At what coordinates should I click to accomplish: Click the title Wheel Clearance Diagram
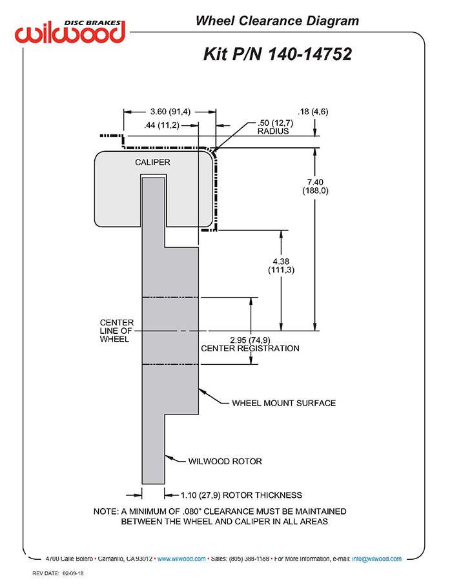(276, 21)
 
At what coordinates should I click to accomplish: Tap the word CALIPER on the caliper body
(152, 162)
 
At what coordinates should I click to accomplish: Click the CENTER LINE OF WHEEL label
(117, 331)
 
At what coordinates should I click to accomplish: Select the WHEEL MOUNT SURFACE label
(283, 404)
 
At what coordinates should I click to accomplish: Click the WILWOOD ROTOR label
(225, 462)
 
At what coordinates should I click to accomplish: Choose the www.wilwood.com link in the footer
(181, 559)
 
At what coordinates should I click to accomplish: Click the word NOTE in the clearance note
(106, 511)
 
